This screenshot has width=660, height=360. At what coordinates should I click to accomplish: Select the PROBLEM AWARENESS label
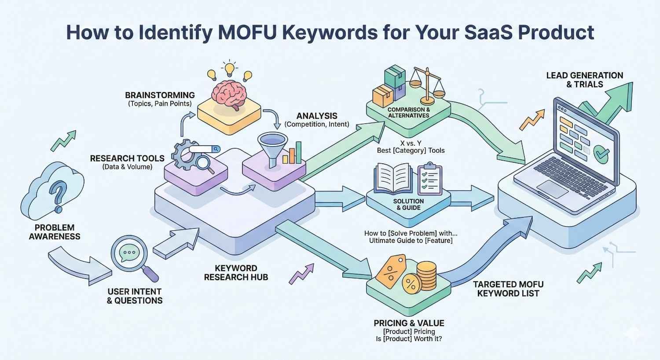tap(55, 232)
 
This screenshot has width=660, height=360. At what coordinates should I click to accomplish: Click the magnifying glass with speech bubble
tap(130, 254)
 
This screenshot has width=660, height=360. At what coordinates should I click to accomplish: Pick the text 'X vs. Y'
tap(411, 143)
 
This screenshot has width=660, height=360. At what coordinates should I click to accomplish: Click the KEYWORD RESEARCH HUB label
tap(236, 272)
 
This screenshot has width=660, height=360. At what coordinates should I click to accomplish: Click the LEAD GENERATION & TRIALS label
tap(584, 80)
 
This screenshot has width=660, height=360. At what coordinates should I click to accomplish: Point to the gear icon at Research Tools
tap(180, 154)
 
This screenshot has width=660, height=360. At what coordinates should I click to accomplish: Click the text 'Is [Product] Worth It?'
tap(409, 339)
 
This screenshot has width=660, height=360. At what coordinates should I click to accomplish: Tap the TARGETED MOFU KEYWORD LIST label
tap(508, 289)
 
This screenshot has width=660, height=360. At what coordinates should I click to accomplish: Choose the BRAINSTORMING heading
tap(160, 95)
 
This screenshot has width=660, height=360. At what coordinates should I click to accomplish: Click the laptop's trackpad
tap(552, 189)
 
